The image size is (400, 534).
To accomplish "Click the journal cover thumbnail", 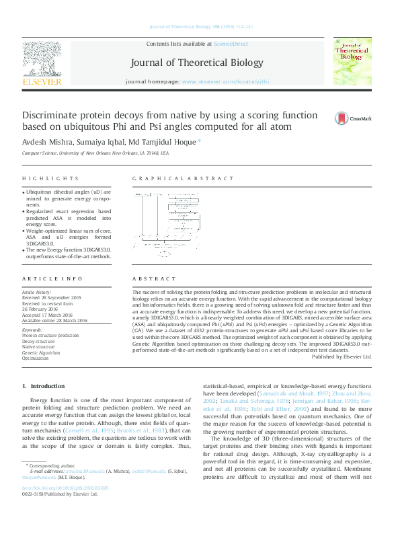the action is coord(353,63).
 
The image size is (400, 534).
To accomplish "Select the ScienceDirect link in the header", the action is coord(231,44).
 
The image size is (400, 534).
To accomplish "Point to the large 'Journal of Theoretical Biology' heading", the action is coord(197,63).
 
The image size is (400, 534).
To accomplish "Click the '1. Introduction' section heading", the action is coord(44,386).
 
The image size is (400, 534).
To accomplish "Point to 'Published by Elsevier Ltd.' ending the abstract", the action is coord(342,356).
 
